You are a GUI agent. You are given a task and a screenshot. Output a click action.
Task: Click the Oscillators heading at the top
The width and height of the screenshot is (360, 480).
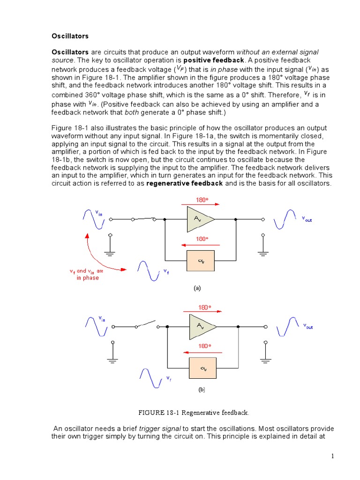[70, 36]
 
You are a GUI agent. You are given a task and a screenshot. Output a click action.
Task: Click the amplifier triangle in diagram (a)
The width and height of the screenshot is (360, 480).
[200, 219]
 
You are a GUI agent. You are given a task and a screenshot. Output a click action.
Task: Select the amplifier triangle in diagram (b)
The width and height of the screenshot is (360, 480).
[202, 326]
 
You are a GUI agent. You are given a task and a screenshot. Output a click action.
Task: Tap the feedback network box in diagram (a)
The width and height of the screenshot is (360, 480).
[201, 261]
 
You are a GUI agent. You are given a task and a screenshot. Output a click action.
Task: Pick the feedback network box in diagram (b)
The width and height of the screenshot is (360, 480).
[202, 367]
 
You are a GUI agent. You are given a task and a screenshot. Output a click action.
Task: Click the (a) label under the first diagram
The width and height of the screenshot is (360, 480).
[197, 289]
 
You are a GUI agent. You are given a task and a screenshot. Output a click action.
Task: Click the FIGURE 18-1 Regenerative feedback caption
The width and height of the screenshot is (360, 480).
[194, 412]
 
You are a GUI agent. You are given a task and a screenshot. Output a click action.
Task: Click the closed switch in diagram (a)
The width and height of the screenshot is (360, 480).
[144, 218]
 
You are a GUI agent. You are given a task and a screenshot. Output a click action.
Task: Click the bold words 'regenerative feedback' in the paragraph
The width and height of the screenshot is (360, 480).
[185, 183]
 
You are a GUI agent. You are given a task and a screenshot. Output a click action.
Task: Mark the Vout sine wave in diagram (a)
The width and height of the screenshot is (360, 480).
[285, 219]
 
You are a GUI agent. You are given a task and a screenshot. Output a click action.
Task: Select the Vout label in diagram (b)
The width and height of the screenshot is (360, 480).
[307, 326]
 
